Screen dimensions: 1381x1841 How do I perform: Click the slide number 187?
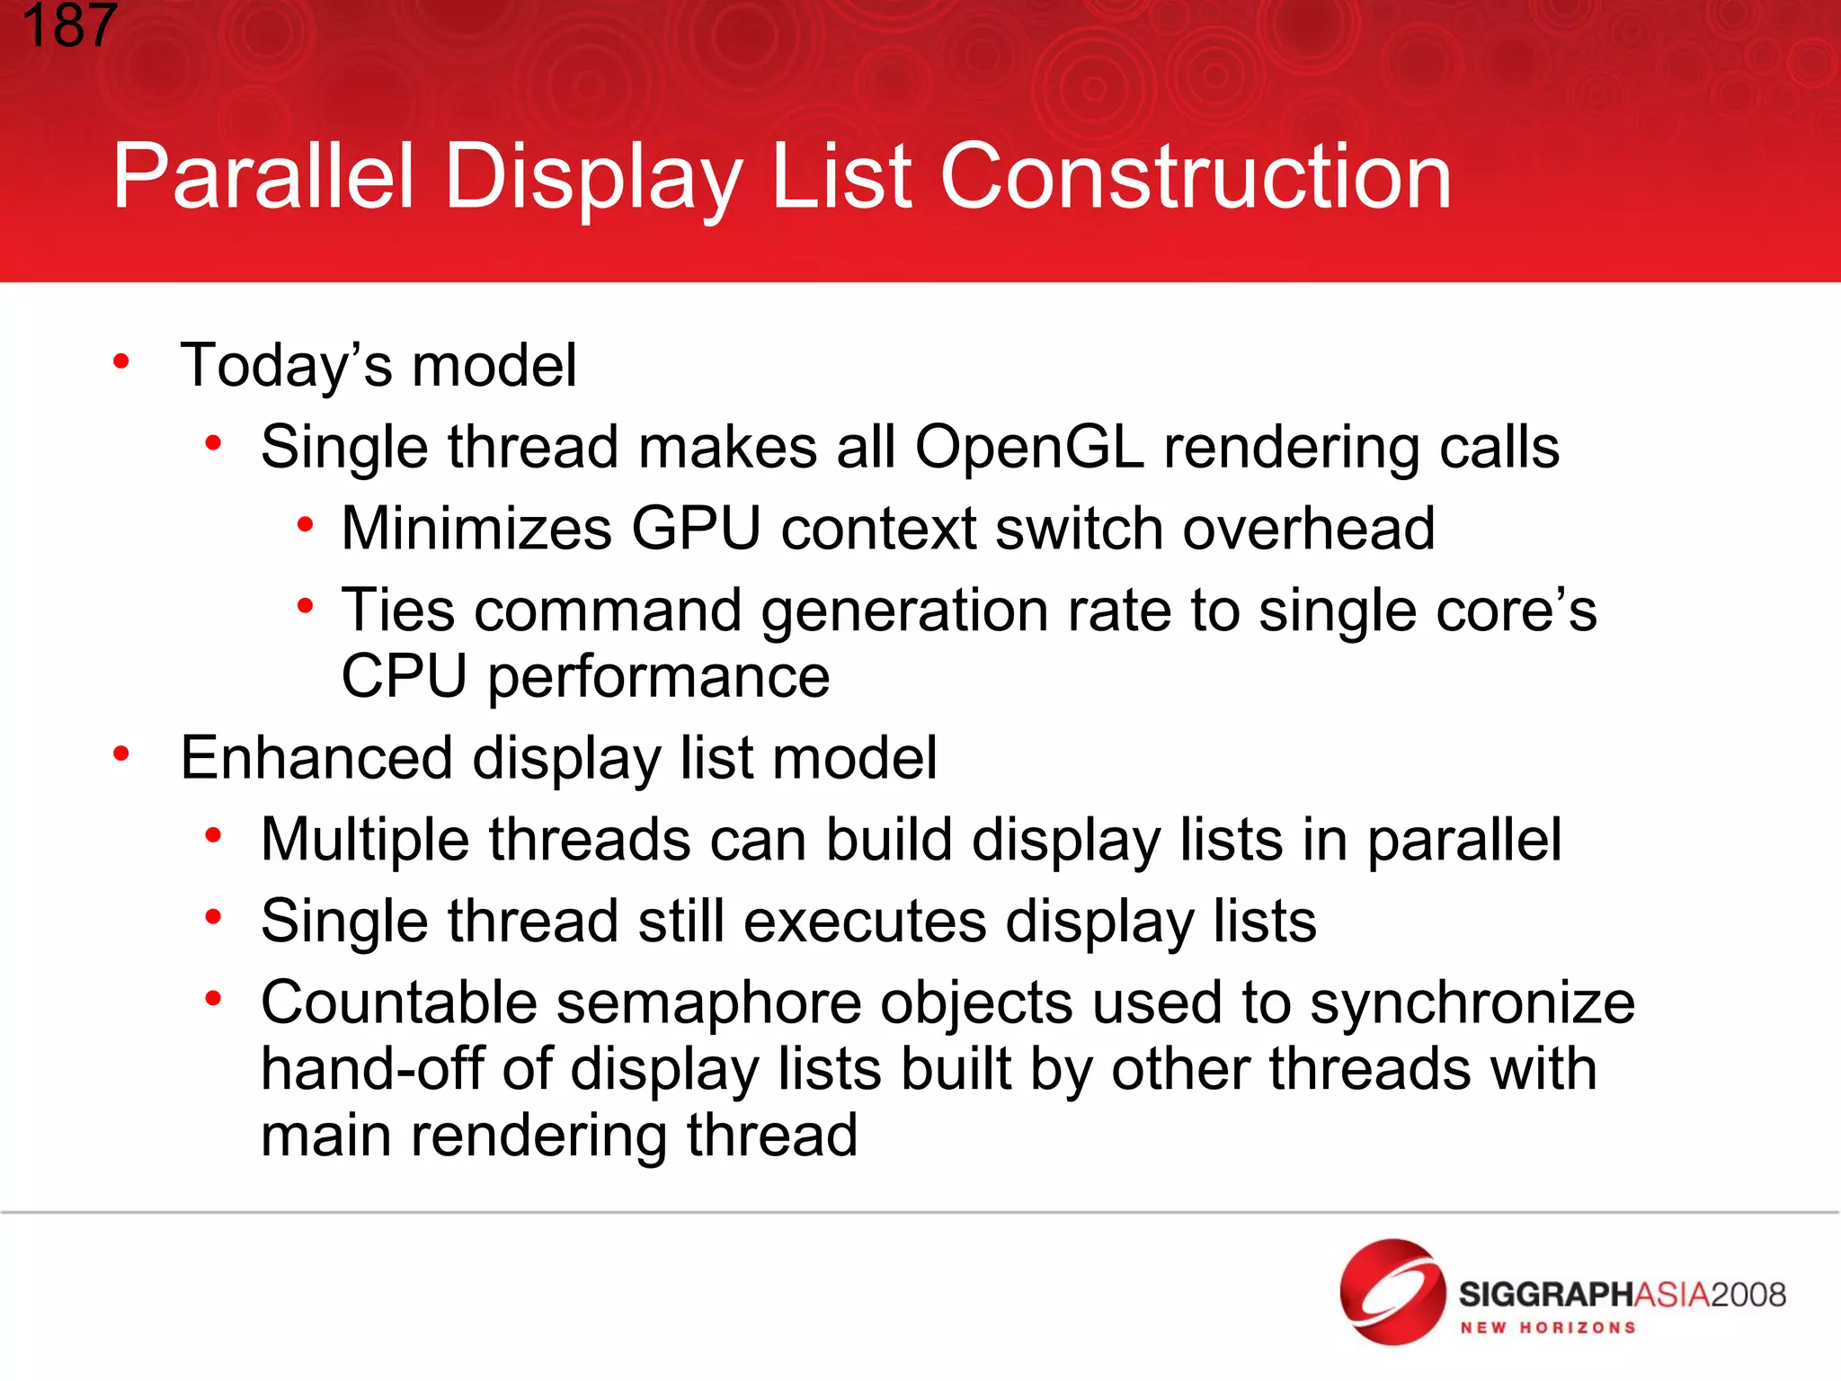pos(70,25)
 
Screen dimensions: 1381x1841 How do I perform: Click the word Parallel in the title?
pos(263,177)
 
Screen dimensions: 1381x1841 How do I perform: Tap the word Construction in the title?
pos(1195,177)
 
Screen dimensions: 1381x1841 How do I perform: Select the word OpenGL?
pos(1029,447)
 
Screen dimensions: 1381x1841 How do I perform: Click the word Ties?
pos(398,610)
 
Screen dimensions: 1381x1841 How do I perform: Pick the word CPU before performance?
pos(404,676)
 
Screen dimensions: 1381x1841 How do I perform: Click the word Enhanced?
pos(316,758)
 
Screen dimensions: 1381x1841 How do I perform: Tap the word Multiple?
pos(365,840)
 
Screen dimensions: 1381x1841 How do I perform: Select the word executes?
pos(865,922)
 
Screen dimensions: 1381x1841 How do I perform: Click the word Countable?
pos(398,1002)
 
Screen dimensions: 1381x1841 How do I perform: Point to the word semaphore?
pos(709,1002)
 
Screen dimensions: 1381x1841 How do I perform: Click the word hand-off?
pos(373,1069)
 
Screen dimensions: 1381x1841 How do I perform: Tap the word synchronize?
pos(1472,1002)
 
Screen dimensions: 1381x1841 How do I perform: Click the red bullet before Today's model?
pos(121,362)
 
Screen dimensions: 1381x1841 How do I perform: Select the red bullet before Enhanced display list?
pos(121,754)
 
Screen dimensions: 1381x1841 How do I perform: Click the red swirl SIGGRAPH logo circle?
pos(1392,1292)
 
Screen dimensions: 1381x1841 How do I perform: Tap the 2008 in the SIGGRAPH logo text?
pos(1748,1295)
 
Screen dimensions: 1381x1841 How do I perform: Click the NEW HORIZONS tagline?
pos(1547,1328)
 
